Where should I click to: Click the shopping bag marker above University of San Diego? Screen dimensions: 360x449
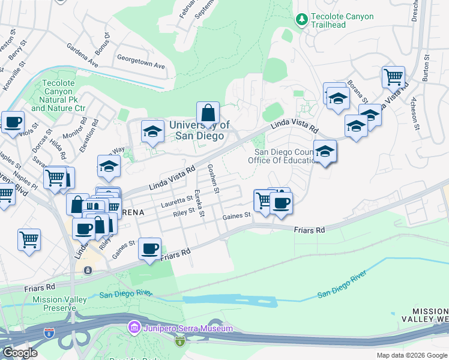coord(208,113)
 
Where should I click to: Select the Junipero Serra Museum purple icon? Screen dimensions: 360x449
coord(133,328)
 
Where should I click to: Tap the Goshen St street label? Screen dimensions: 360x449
coord(212,178)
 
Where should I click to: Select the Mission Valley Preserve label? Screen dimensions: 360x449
coord(56,304)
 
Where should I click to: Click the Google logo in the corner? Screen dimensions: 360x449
coord(20,352)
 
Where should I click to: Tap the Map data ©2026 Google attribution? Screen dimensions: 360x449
coord(412,355)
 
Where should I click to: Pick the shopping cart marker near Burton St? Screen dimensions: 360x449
coord(393,77)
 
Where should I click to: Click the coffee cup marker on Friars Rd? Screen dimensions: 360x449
coord(150,248)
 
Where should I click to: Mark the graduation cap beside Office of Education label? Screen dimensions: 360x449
coord(325,152)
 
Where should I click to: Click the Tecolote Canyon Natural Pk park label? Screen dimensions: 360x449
coord(58,96)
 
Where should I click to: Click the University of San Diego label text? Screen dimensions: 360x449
coord(199,131)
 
